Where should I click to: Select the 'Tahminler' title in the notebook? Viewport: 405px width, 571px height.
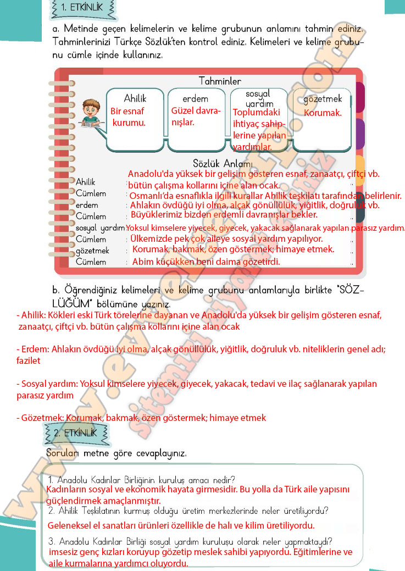[x=220, y=81]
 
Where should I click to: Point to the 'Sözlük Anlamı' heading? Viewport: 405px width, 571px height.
[x=223, y=164]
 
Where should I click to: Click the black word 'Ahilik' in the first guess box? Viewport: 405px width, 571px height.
[x=135, y=98]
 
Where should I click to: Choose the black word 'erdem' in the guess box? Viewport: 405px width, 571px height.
[x=196, y=99]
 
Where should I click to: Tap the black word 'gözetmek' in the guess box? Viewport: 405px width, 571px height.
[x=323, y=99]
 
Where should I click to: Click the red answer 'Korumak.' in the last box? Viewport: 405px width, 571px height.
[x=323, y=113]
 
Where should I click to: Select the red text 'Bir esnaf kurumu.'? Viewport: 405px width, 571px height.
[x=129, y=117]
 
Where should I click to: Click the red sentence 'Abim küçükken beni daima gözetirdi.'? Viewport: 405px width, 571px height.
[x=206, y=262]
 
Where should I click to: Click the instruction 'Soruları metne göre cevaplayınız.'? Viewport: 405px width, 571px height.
[x=116, y=454]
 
